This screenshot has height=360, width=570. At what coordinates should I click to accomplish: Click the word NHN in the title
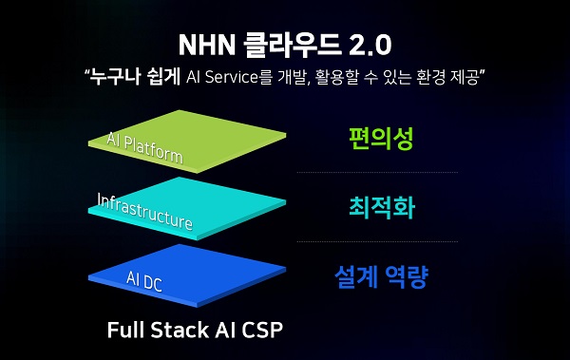[x=204, y=45]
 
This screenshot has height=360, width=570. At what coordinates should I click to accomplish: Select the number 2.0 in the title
[x=366, y=45]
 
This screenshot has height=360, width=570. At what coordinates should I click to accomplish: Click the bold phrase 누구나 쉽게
[x=126, y=75]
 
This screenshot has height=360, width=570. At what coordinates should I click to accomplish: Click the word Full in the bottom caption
[x=126, y=331]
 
